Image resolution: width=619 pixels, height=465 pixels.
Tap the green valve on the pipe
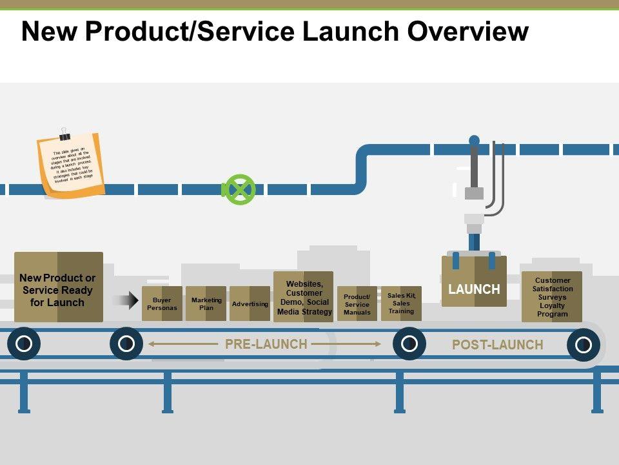(239, 190)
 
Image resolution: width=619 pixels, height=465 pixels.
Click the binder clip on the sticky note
(64, 134)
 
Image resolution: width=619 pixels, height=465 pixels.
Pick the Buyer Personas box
(162, 304)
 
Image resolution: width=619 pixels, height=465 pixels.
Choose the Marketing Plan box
(206, 304)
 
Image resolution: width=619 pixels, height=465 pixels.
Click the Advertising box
(250, 304)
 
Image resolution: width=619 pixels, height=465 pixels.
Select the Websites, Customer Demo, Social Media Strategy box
(304, 297)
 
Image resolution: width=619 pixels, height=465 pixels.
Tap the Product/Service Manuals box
(357, 304)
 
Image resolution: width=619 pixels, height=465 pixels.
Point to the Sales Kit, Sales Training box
(402, 304)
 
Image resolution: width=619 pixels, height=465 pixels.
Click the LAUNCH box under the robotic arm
(474, 284)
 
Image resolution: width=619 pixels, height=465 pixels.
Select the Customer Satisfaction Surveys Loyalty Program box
(552, 296)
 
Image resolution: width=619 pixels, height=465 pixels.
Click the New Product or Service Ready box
(58, 288)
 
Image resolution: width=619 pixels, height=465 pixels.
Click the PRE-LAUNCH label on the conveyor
(266, 344)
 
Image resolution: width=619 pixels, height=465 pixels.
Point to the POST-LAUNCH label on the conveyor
(497, 345)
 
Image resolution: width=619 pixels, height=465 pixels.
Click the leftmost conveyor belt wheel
(23, 344)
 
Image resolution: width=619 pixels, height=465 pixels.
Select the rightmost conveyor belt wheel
(583, 344)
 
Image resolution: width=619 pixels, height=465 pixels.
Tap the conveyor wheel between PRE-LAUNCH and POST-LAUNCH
(409, 344)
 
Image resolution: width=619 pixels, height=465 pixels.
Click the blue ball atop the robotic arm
(474, 140)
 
